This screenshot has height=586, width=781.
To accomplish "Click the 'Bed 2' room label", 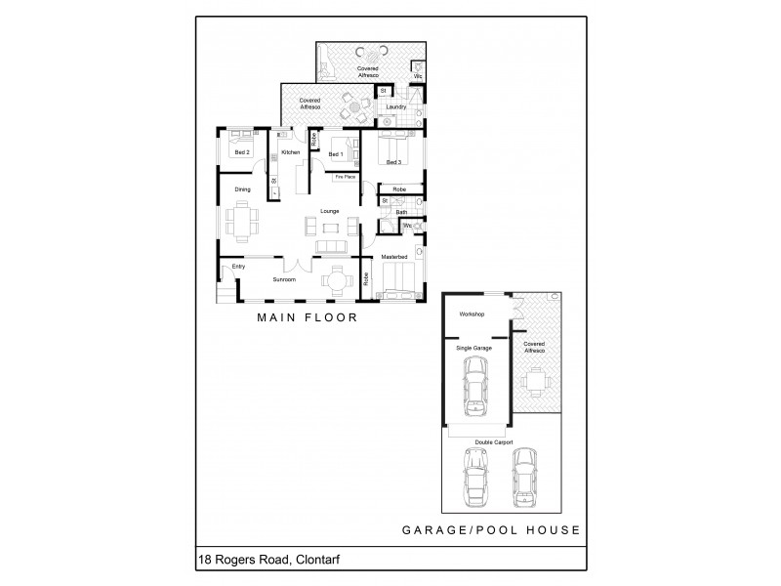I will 241,153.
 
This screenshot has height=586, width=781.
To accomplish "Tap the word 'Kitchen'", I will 290,153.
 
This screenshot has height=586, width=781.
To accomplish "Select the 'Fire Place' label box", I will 345,177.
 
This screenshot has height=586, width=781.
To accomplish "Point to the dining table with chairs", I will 242,219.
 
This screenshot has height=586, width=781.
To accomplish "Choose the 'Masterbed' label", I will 393,257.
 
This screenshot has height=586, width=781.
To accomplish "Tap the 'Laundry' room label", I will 395,106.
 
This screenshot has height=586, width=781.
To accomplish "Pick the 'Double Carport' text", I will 494,441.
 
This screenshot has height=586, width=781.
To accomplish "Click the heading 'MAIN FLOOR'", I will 307,317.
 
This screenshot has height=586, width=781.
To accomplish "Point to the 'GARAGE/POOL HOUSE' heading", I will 492,530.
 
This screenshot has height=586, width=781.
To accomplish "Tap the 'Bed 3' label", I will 393,161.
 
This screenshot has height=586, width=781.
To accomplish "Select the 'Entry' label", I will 238,267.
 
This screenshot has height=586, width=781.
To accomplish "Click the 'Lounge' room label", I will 328,209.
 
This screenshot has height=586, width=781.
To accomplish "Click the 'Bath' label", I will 401,212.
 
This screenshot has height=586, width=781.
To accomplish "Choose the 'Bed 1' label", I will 335,154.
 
